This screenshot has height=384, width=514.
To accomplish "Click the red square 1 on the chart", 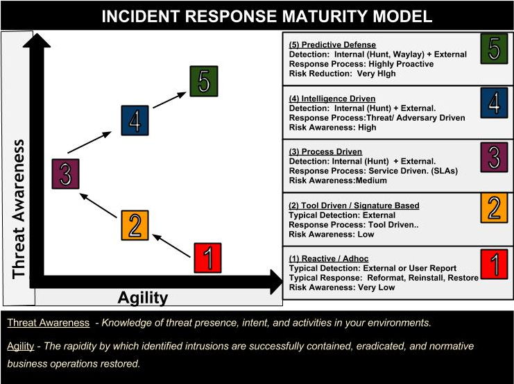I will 207,258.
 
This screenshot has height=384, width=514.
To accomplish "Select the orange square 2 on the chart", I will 135,224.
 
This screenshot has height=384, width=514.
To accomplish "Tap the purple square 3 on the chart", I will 66,174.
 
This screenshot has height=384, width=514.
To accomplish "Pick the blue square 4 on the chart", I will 135,121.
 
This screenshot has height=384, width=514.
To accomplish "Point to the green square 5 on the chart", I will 203,81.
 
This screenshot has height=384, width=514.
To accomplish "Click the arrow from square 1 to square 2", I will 171,246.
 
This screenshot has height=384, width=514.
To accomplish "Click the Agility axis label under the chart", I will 143,298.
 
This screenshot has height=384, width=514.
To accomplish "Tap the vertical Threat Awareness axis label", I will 19,208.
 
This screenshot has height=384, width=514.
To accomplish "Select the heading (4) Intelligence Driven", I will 332,99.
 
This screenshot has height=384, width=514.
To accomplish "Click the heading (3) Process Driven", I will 325,152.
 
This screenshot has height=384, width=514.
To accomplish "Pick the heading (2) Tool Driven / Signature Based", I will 354,206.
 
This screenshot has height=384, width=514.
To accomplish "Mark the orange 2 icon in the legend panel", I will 494,208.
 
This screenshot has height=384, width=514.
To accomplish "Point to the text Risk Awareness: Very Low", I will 342,287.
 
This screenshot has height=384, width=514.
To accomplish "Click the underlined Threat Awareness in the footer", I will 48,323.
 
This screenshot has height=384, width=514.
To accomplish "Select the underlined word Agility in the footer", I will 22,346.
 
